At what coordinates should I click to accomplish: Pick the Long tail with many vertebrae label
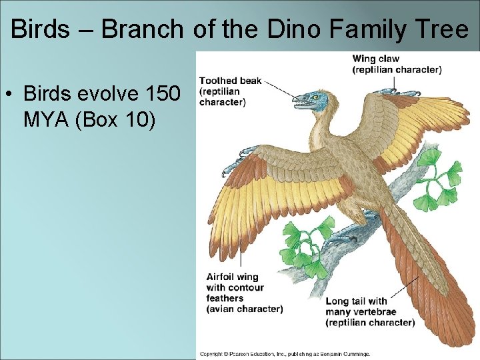pyautogui.click(x=369, y=311)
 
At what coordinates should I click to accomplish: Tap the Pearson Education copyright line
pyautogui.click(x=285, y=354)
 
